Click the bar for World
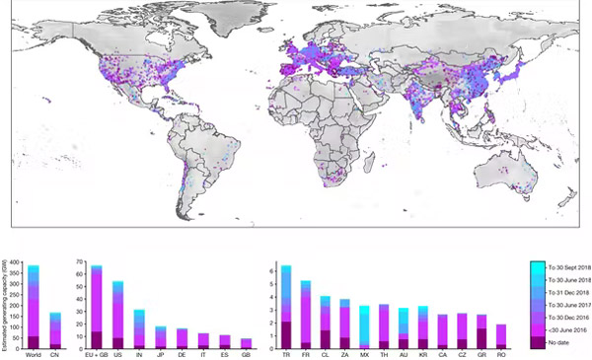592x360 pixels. (x=34, y=306)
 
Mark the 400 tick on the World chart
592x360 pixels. (x=16, y=261)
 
